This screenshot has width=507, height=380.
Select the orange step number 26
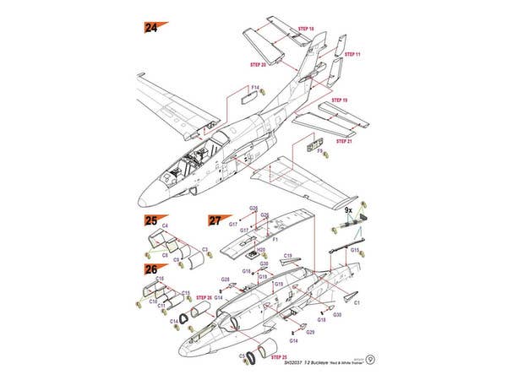[150, 269]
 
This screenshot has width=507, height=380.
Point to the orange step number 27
[215, 220]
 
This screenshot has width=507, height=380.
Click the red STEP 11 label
[352, 54]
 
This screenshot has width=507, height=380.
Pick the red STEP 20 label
[258, 64]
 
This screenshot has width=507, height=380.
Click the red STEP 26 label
[204, 297]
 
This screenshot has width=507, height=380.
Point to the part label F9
[319, 151]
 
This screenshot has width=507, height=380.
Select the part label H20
[261, 250]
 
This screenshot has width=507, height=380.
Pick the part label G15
[355, 250]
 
